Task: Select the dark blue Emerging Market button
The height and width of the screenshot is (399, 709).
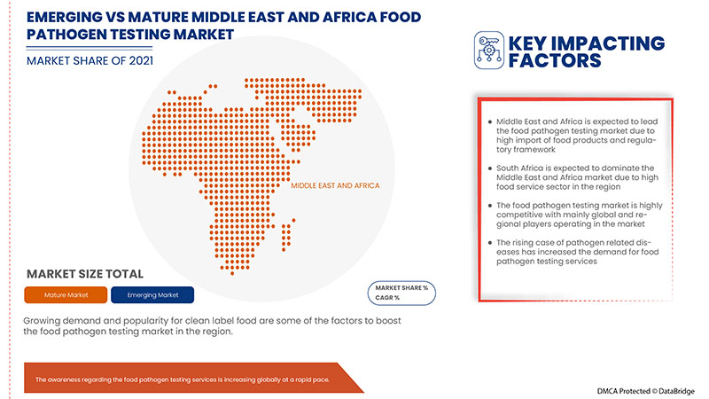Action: point(153,294)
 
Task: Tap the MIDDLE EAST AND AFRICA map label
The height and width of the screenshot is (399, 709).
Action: point(335,185)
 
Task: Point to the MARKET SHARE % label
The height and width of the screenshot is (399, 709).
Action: point(401,288)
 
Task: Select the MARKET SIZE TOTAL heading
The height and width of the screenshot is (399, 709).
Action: point(85,273)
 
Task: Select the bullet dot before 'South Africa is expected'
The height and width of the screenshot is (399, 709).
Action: point(489,168)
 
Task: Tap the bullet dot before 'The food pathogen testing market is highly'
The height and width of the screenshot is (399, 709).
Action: point(489,206)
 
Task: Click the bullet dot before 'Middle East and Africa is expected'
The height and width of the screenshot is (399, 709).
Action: point(489,121)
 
